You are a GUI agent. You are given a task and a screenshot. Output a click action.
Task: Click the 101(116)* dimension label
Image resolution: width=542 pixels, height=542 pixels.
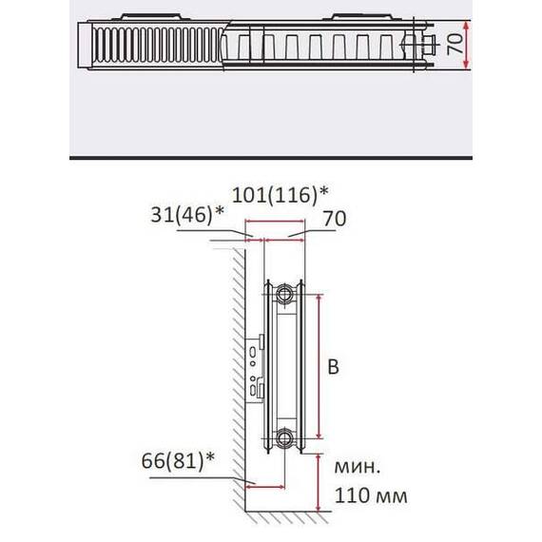coord(280,195)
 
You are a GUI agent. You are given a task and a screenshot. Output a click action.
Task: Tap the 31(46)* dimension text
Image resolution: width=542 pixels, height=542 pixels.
coord(187,215)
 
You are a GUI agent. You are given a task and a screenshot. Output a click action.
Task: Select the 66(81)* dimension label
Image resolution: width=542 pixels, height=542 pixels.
coord(178,460)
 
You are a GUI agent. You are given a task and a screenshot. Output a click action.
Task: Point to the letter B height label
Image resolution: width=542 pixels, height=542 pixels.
coord(333,367)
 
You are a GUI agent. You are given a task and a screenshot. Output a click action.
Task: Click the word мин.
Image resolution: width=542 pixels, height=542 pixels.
coord(358,468)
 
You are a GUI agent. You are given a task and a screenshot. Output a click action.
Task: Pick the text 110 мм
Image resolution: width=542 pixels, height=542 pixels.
coord(371,495)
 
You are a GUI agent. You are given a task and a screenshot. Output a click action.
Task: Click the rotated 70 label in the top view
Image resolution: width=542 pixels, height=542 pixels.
coord(455,44)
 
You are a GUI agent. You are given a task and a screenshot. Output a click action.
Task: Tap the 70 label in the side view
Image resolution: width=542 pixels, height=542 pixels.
coord(335,219)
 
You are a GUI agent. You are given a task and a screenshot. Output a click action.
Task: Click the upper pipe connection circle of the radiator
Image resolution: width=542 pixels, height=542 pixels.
coord(284,295)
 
